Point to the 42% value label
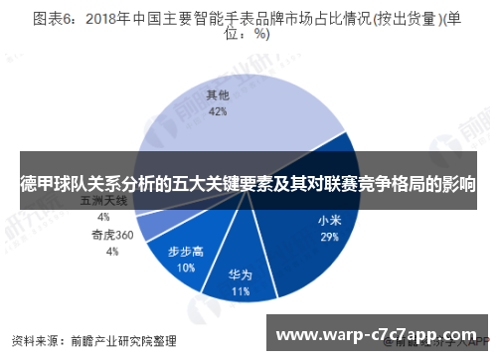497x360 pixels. click(x=218, y=112)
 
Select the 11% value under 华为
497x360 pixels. click(x=240, y=292)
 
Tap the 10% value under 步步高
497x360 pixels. click(x=185, y=268)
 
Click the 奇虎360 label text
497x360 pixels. click(x=111, y=236)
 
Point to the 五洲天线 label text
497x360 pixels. click(x=103, y=201)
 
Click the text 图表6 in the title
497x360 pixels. click(x=54, y=18)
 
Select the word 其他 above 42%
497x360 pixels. click(x=218, y=96)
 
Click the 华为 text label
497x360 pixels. click(x=240, y=275)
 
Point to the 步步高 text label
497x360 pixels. click(x=185, y=252)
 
